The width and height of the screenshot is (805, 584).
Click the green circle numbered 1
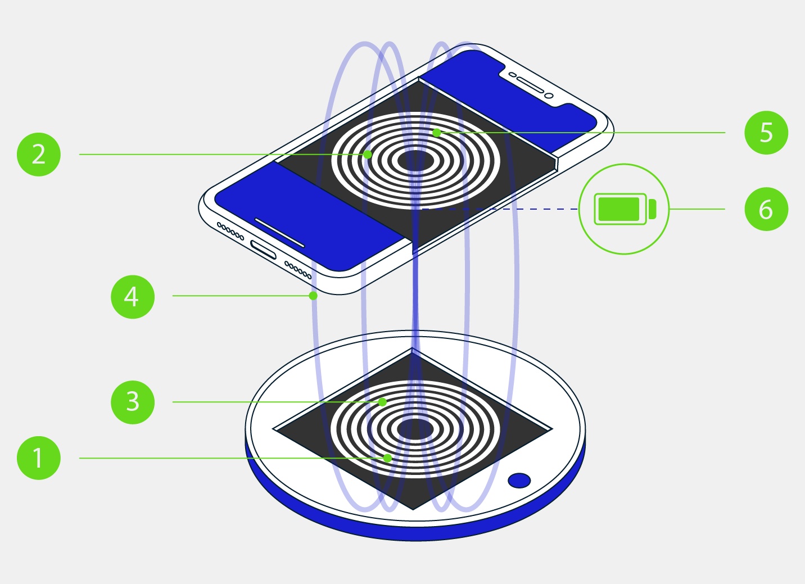click(39, 458)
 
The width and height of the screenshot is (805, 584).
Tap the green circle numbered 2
click(39, 154)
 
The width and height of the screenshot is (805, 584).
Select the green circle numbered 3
click(133, 402)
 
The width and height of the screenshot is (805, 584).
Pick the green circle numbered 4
click(133, 296)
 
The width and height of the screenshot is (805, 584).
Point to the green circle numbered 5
click(766, 133)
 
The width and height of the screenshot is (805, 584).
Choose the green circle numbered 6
click(766, 209)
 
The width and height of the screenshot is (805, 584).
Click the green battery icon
click(625, 209)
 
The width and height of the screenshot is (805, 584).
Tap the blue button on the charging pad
click(519, 481)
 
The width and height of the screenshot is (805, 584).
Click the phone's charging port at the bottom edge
click(264, 250)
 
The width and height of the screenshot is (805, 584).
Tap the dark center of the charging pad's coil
click(415, 429)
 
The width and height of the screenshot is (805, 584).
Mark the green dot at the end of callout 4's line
click(313, 296)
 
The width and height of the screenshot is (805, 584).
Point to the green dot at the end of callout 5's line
click(436, 133)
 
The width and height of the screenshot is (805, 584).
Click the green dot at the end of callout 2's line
click(367, 154)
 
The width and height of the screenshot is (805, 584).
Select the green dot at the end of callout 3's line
click(382, 402)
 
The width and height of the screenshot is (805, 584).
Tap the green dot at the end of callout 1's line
click(387, 458)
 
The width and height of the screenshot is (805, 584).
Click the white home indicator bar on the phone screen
click(279, 233)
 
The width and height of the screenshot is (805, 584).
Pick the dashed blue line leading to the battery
click(500, 209)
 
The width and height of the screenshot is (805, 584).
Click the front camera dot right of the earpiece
click(549, 95)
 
